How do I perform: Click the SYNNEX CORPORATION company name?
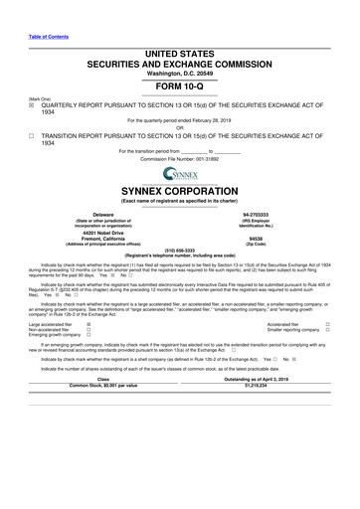point(179,193)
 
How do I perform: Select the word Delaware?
point(102,214)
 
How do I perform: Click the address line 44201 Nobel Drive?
point(102,233)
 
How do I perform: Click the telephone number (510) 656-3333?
point(179,250)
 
